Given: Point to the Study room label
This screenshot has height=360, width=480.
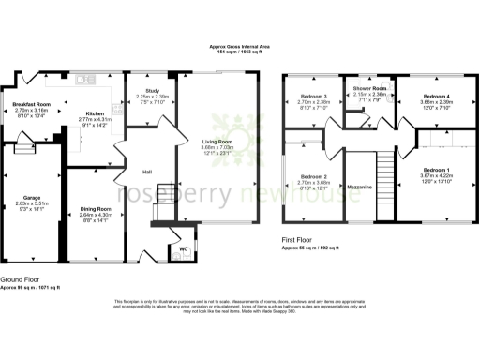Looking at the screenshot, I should tap(153, 91).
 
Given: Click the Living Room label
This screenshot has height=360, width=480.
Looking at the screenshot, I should tap(217, 142).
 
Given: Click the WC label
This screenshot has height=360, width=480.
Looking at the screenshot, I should tap(183, 248).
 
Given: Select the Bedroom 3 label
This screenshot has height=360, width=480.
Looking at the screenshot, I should tap(312, 97).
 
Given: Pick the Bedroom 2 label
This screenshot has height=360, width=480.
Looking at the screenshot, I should tap(312, 176).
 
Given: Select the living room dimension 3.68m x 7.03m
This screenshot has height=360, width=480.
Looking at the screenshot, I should tap(217, 147).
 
